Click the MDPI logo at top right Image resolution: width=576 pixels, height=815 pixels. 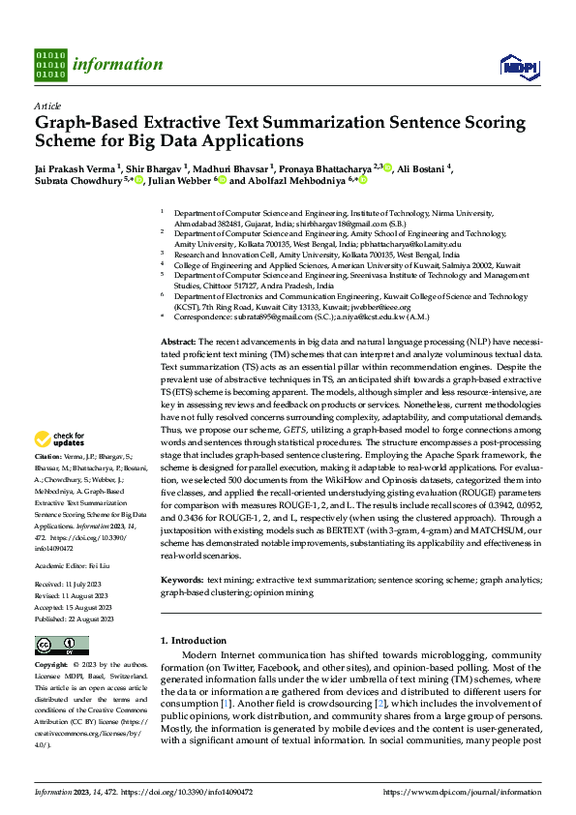coord(515,66)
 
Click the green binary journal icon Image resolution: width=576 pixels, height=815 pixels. coord(50,65)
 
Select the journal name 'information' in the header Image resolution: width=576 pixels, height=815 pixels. coord(120,65)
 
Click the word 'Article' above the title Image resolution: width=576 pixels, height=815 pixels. coord(46,107)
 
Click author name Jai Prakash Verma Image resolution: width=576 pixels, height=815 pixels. coord(75,167)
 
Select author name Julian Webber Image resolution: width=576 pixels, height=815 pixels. coord(181,180)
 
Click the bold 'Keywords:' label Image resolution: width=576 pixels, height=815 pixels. coord(182,578)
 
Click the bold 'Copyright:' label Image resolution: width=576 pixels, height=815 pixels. coord(50,665)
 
